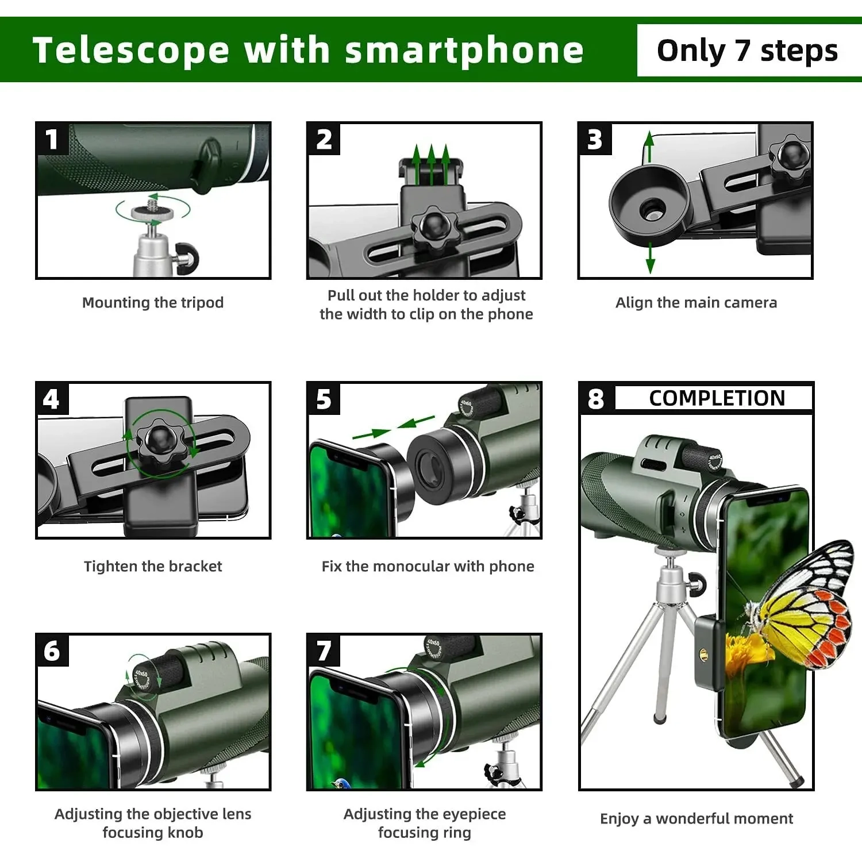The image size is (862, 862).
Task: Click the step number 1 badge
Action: tap(52, 139)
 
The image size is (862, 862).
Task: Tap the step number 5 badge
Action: tap(324, 399)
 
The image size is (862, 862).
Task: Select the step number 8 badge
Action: tap(596, 398)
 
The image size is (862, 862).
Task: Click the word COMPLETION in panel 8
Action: tap(717, 398)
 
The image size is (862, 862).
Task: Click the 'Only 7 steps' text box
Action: tap(747, 51)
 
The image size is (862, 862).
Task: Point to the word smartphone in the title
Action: tap(464, 50)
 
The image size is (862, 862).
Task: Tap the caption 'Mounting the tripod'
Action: tap(153, 302)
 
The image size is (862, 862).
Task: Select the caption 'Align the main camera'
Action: tap(696, 302)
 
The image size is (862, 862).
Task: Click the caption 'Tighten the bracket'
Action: tap(153, 566)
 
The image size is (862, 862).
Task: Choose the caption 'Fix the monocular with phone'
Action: tap(428, 566)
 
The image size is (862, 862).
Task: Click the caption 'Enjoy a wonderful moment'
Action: tap(696, 818)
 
